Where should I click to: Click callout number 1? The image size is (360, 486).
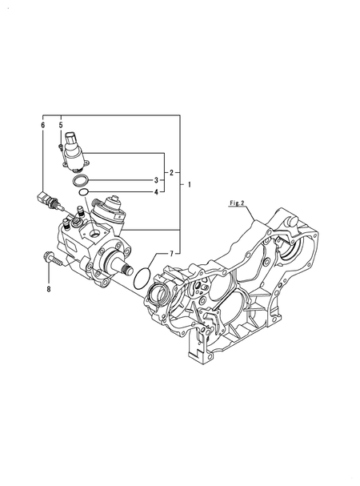190,185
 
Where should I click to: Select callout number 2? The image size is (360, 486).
171,173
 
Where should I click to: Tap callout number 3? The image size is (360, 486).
157,180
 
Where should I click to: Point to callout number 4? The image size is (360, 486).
157,192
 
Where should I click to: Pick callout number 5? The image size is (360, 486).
61,125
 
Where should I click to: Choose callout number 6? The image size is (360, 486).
42,125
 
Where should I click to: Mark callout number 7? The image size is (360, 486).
171,254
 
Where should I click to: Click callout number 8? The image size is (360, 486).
48,289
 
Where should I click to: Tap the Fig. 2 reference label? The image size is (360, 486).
237,203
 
